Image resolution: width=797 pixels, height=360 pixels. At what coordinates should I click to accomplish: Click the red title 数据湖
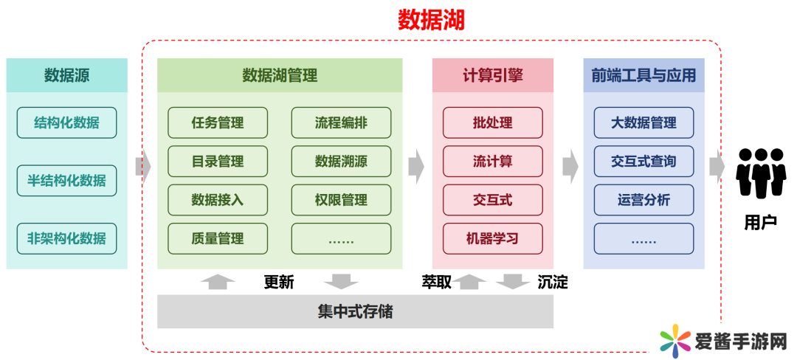click(431, 19)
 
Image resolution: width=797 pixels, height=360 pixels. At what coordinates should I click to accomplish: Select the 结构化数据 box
click(66, 122)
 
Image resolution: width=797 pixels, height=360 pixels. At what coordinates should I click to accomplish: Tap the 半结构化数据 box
click(66, 181)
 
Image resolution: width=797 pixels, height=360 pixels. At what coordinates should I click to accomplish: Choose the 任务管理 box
click(218, 122)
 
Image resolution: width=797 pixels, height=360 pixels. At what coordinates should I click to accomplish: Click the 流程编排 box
click(341, 122)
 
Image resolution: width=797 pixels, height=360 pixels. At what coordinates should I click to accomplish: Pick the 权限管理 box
click(341, 200)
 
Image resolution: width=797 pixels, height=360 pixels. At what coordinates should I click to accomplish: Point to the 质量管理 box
click(218, 238)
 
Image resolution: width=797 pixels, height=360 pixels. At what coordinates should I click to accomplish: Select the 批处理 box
click(492, 122)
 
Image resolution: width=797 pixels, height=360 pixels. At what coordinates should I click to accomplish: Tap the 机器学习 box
click(492, 238)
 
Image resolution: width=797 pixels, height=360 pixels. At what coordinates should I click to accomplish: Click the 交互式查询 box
click(644, 161)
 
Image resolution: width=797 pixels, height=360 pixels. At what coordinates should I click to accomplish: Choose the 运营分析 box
click(644, 200)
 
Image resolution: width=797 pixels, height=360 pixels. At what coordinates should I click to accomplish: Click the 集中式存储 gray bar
click(355, 311)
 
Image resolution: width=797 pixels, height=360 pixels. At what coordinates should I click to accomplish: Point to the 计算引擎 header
click(492, 75)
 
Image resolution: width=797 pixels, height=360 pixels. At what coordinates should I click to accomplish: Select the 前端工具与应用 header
click(644, 75)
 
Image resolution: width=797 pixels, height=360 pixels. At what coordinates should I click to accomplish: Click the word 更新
click(279, 282)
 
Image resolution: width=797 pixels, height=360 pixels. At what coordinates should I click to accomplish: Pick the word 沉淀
click(553, 282)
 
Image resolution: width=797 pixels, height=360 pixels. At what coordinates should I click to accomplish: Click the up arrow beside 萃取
click(470, 281)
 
